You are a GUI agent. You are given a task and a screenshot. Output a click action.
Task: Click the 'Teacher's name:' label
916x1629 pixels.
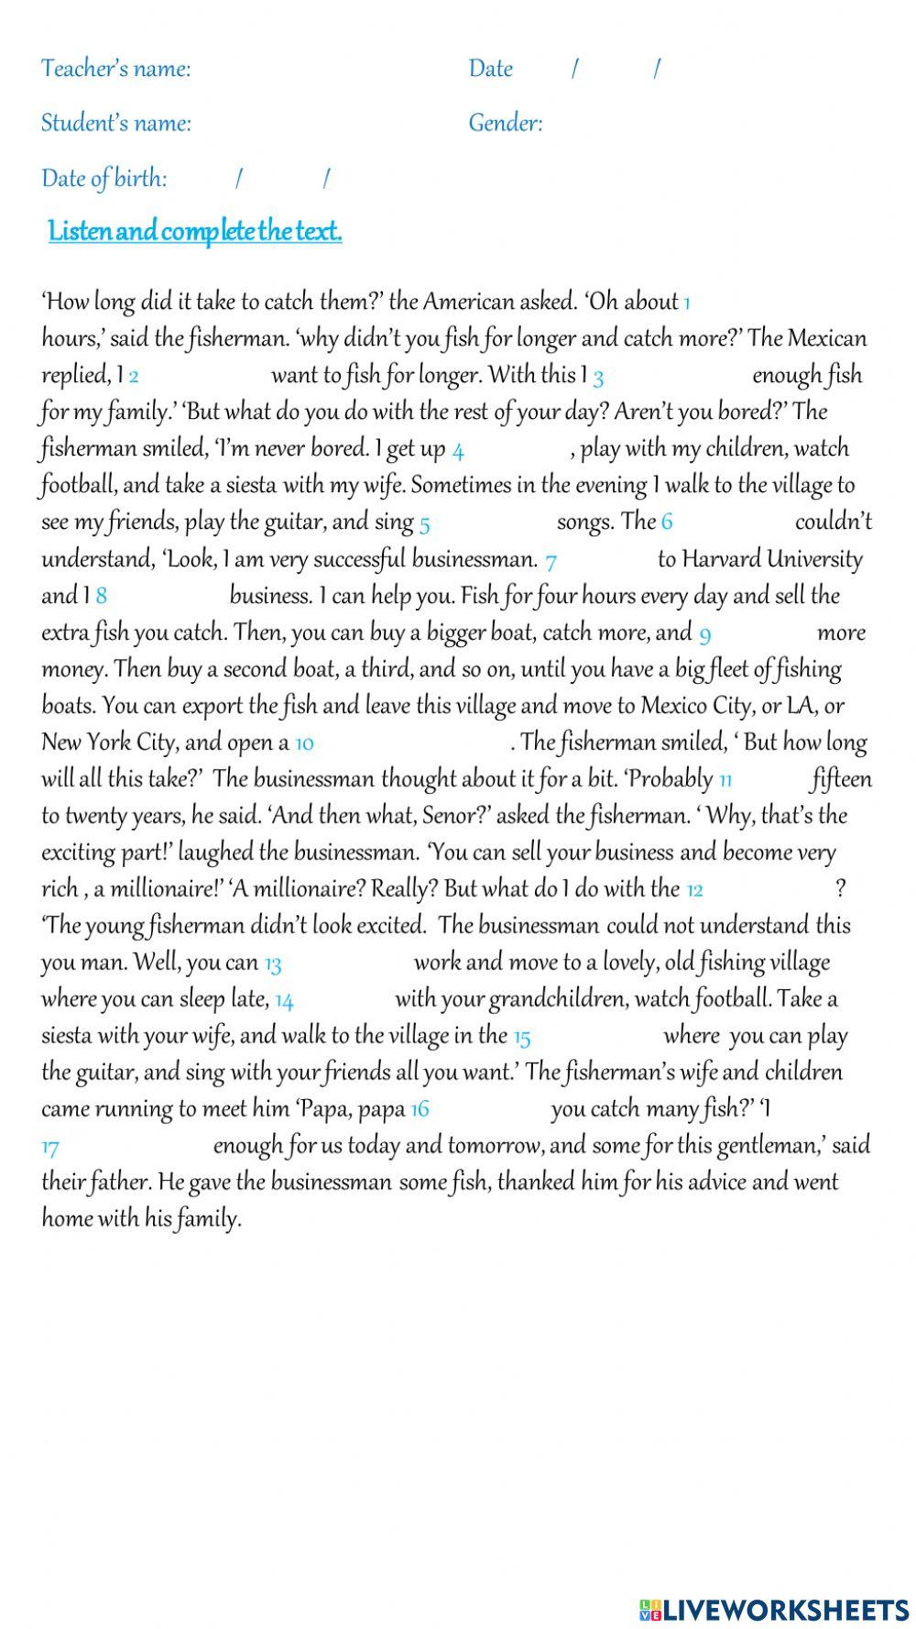click(115, 69)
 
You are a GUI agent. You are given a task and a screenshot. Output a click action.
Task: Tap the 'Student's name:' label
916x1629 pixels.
click(115, 123)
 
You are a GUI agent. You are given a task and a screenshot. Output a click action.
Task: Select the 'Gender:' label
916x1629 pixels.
click(505, 123)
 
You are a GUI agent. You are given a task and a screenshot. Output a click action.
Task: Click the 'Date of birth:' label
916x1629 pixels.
click(104, 178)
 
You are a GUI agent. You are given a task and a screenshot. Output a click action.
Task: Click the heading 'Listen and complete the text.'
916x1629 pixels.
click(195, 231)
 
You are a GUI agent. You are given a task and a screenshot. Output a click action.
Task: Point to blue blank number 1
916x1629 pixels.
click(687, 303)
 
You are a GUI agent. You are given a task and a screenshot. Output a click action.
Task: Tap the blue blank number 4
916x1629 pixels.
click(458, 450)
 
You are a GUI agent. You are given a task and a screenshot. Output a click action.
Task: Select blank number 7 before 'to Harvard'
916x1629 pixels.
click(551, 560)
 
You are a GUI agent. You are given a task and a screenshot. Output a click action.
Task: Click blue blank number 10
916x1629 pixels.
click(304, 743)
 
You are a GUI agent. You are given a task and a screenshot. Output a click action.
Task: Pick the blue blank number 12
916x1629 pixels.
click(694, 889)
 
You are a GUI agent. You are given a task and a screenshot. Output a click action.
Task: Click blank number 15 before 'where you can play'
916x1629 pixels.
click(521, 1037)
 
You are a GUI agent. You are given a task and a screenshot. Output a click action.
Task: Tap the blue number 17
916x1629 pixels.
click(50, 1147)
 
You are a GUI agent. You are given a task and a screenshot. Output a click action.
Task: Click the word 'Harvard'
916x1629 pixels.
click(721, 559)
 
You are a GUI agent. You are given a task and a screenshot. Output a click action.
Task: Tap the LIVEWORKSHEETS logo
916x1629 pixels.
click(774, 1609)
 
